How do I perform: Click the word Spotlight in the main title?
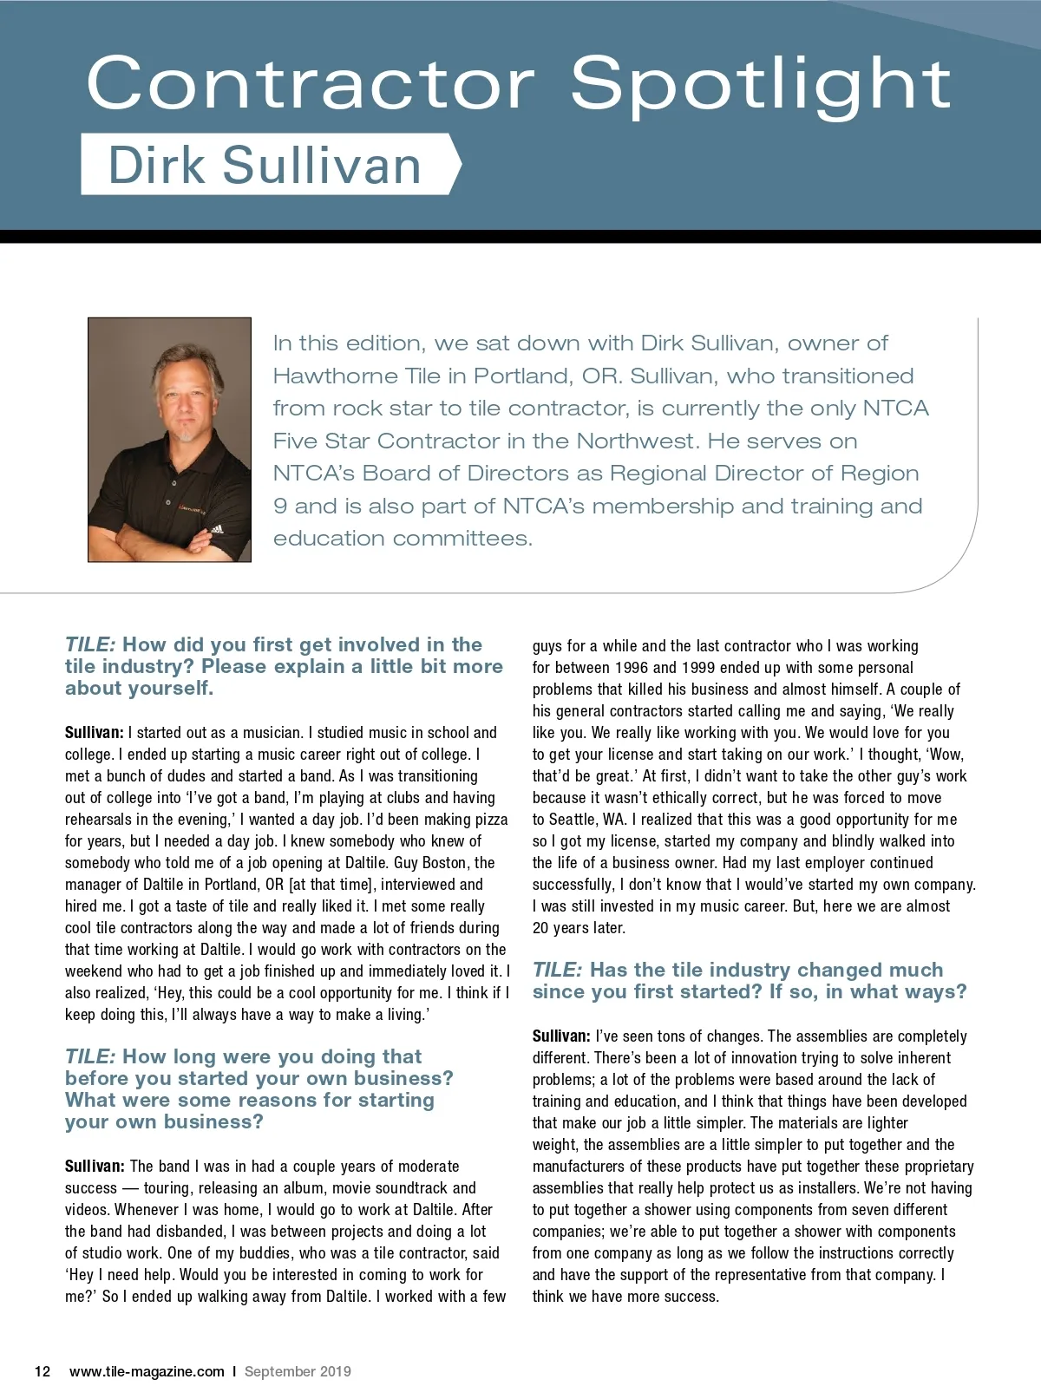(x=761, y=85)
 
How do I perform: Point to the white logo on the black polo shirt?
(x=216, y=529)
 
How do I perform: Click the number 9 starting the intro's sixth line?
(x=279, y=506)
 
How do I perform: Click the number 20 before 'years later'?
(x=542, y=927)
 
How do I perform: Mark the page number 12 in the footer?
(x=43, y=1371)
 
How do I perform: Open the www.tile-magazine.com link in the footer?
(x=147, y=1371)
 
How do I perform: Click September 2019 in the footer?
(x=298, y=1371)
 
